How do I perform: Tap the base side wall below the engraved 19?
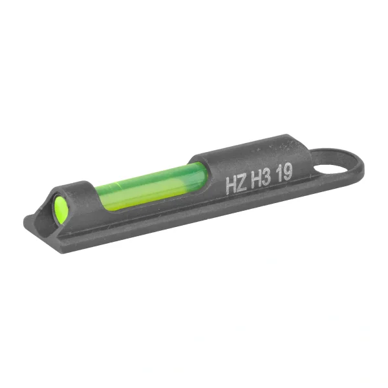click(x=285, y=200)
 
